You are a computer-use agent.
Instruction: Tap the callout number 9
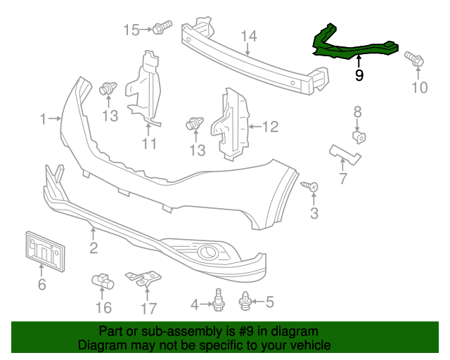coord(359,75)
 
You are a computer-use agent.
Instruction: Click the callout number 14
coord(249,37)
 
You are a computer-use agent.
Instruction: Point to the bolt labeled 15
coord(163,29)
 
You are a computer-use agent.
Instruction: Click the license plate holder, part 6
coord(43,251)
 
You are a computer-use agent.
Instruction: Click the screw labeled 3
coord(310,186)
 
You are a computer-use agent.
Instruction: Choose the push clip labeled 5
coord(247,302)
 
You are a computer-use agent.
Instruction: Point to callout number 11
coord(148,144)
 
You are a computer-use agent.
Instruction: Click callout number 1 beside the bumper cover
coord(44,118)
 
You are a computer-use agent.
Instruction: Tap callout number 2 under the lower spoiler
coord(93,247)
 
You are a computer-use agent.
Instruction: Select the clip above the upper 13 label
coord(108,89)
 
